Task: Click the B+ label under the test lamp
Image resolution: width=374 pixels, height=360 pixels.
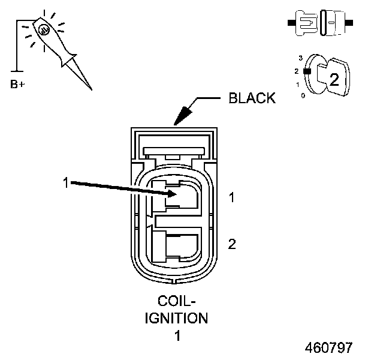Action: pos(18,84)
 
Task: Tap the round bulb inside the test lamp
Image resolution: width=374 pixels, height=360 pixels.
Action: pos(44,29)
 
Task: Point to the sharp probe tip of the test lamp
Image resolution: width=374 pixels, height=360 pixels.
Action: pos(91,89)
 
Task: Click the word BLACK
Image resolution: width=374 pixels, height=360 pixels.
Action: pos(252,98)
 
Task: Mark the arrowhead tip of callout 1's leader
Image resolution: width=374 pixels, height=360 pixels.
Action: pos(174,194)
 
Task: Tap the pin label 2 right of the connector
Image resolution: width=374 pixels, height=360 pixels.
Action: pos(231,244)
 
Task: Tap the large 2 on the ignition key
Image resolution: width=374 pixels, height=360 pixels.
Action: pos(334,80)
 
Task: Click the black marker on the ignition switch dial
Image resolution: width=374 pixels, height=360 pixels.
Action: pos(306,71)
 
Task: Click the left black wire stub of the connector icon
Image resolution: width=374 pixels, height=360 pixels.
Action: pos(292,23)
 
